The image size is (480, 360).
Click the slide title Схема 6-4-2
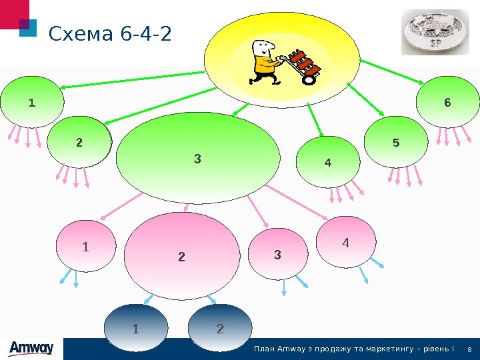[x=110, y=33]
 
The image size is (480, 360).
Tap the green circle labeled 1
[x=32, y=103]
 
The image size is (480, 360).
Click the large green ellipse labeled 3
[x=197, y=158]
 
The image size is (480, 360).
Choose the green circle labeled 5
[x=396, y=143]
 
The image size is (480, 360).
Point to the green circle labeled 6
[x=447, y=103]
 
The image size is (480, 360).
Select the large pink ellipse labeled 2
[x=181, y=253]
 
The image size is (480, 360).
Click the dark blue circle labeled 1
[x=136, y=328]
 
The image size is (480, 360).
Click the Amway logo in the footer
[x=31, y=349]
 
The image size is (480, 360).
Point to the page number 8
[x=471, y=350]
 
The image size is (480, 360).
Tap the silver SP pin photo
[x=435, y=32]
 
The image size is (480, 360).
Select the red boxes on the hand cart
[x=305, y=63]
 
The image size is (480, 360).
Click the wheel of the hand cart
[x=309, y=79]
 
